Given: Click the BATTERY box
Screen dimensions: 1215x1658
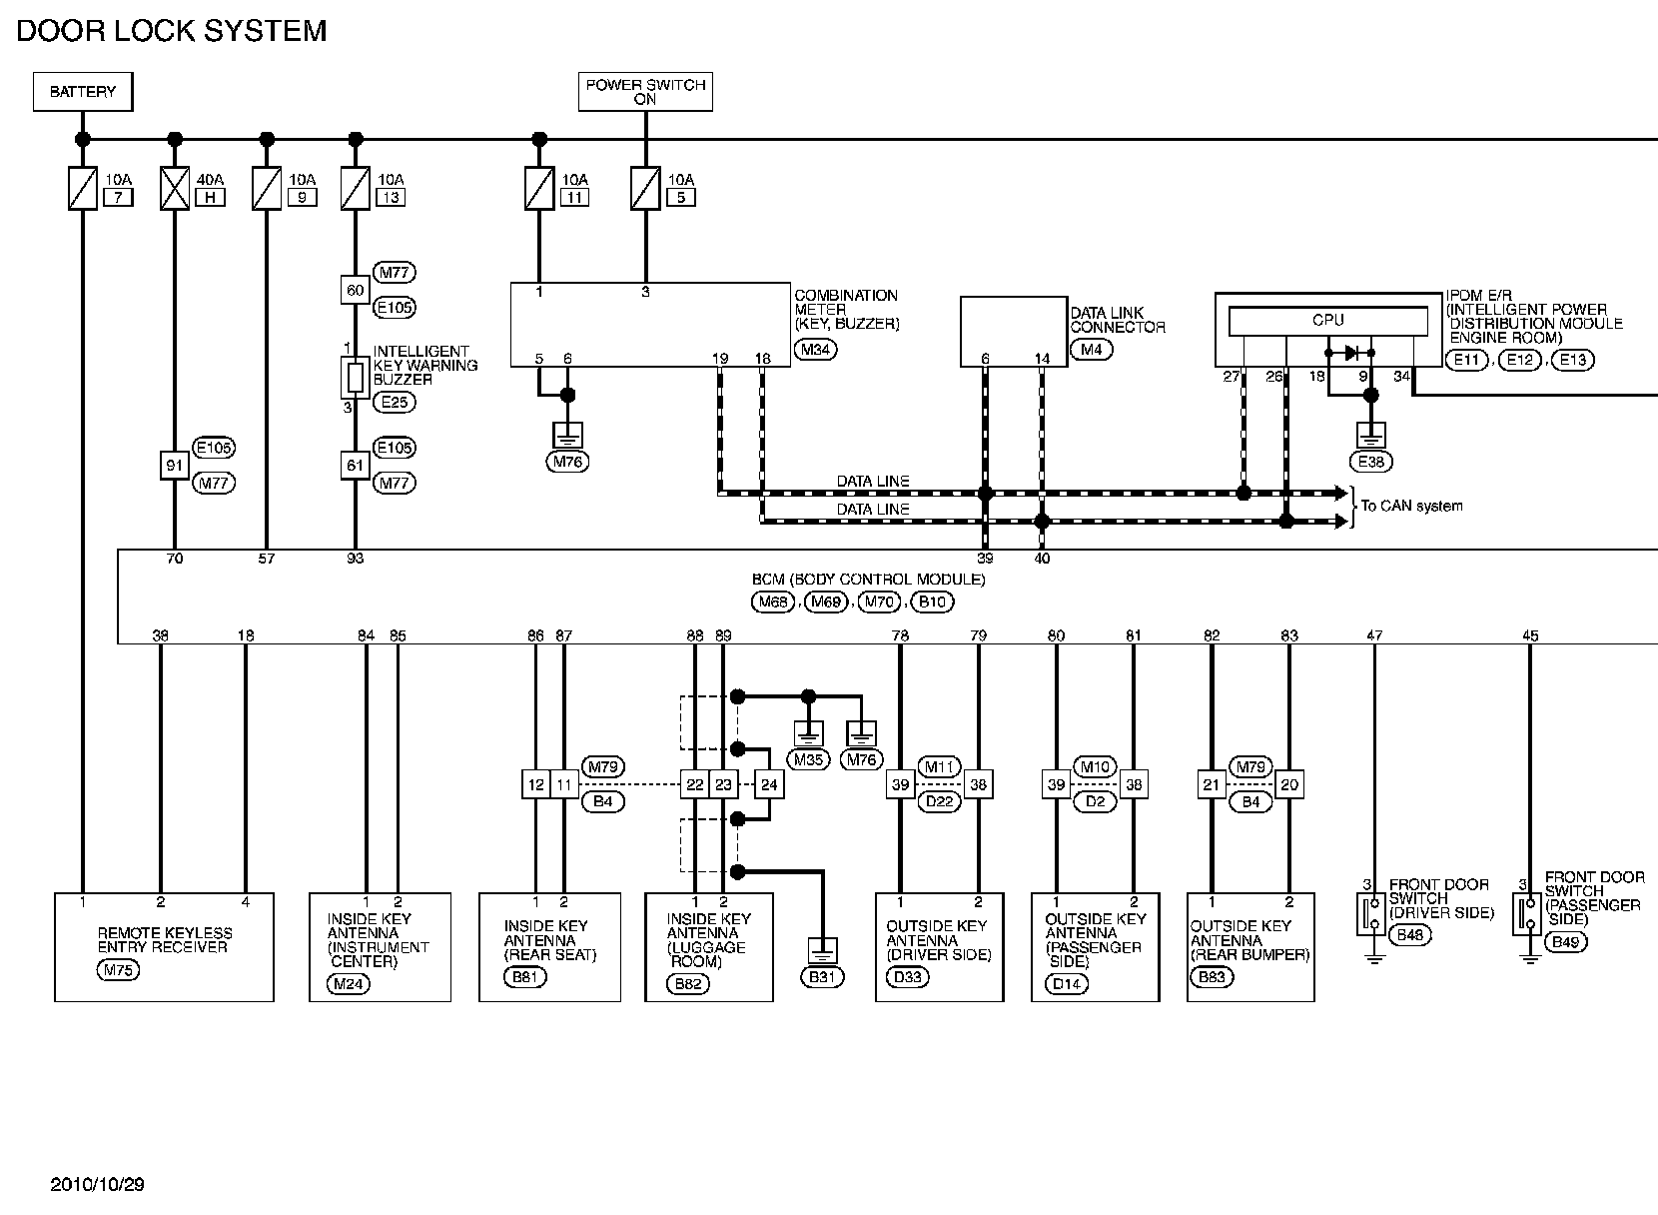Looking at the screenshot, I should pos(83,92).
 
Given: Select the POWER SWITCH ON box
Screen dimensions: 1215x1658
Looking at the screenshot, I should pos(645,92).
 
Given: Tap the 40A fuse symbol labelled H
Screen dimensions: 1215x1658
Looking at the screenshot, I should pos(175,188).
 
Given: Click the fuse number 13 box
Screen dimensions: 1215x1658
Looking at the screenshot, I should pos(390,197).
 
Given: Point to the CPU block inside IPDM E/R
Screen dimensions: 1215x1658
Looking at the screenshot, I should pos(1327,321).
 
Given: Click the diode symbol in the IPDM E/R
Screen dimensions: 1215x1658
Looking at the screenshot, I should pos(1350,353).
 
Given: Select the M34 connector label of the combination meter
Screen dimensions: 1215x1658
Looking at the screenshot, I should pos(815,350).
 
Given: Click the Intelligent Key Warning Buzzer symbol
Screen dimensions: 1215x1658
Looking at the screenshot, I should pos(355,377).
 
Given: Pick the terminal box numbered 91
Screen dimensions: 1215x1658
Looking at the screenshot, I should pos(175,465).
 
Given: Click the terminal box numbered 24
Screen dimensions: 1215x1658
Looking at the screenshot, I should pos(769,785).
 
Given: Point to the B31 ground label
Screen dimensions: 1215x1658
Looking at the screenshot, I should pos(821,976).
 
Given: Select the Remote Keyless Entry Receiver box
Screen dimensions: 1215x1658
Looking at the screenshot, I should pos(164,946).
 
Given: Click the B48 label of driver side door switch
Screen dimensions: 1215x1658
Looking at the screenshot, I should pos(1410,935).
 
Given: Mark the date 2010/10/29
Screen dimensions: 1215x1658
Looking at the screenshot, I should pos(97,1185).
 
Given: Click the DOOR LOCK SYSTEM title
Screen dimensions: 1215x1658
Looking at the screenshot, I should pos(172,31).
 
